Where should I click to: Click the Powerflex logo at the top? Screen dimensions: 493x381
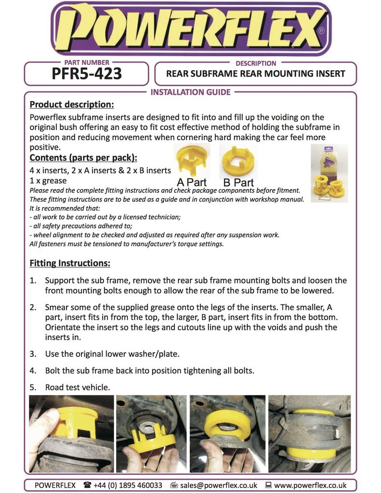tap(190, 29)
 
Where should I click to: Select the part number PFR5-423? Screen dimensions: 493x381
tap(87, 74)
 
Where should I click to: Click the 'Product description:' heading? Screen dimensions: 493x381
tap(72, 104)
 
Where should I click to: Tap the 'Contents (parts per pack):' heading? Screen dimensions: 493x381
tap(83, 158)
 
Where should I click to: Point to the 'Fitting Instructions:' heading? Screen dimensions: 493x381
tap(70, 263)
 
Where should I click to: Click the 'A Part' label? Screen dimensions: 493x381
tap(191, 182)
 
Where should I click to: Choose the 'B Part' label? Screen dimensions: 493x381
tap(238, 182)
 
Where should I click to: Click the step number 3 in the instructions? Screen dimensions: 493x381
tap(33, 354)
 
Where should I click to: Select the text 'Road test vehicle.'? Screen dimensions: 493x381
tap(78, 387)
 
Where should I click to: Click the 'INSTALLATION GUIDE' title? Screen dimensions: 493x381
tap(191, 92)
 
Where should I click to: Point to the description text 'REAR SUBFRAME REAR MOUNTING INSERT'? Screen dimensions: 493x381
tap(255, 74)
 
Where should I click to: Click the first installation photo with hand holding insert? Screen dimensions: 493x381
tap(71, 433)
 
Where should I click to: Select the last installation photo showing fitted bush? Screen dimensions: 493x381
tap(309, 433)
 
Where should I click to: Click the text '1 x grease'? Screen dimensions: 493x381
tap(48, 181)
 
